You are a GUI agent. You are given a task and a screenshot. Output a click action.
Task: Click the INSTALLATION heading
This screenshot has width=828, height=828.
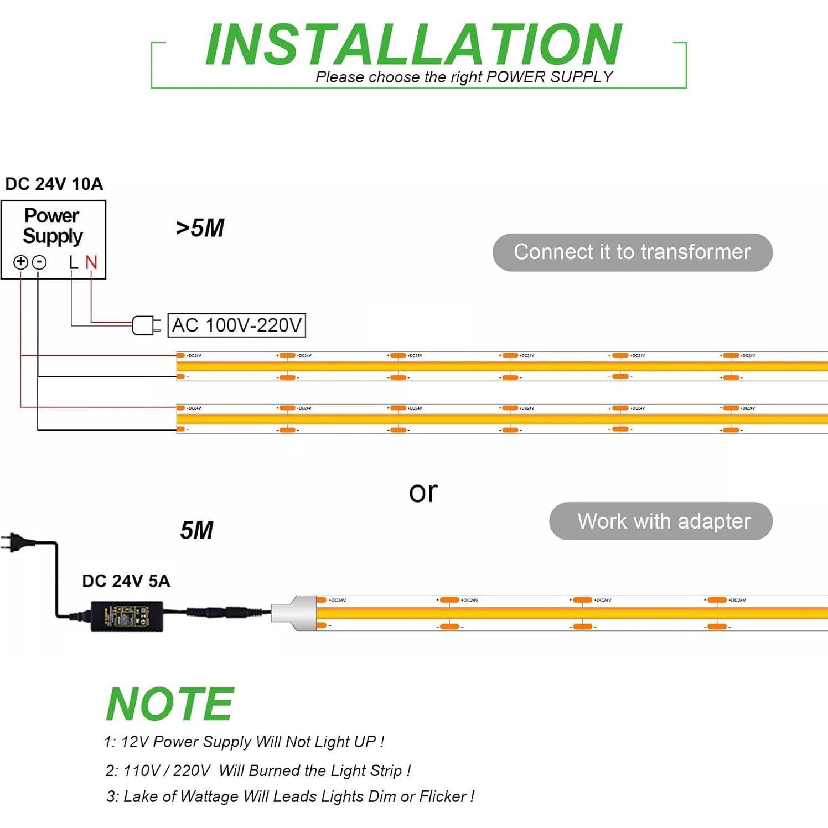point(413,45)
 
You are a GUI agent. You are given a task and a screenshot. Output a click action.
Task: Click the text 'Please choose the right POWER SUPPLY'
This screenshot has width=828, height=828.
point(464,77)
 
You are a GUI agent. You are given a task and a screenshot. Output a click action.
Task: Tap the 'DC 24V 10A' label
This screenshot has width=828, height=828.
point(54,184)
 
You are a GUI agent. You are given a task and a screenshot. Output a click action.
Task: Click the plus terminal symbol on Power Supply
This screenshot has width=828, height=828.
point(20,262)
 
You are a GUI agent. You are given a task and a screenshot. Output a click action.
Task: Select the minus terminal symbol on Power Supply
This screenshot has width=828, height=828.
point(39,262)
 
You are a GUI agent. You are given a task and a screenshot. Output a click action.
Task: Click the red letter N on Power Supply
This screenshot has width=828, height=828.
point(91,262)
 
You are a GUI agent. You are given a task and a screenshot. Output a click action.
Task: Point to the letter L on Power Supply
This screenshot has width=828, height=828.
point(74,262)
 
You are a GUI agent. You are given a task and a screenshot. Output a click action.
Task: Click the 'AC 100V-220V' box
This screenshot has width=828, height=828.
point(237,325)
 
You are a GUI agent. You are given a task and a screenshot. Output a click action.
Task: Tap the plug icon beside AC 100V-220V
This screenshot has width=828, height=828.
point(146,325)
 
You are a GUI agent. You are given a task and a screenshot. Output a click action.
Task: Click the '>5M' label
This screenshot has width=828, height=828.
point(200,228)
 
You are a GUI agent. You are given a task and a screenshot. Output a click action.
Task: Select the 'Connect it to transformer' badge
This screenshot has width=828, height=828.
point(632,252)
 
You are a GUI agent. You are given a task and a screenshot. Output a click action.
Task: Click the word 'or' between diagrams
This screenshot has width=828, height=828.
point(423,491)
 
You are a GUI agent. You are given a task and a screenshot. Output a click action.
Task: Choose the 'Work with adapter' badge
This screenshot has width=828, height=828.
point(661,521)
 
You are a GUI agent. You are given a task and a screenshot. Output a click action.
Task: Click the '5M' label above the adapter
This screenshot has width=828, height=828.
point(196,530)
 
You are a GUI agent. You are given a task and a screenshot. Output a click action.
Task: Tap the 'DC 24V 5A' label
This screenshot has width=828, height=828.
point(126,581)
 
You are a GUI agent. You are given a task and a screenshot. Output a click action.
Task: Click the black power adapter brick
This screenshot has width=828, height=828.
point(127,615)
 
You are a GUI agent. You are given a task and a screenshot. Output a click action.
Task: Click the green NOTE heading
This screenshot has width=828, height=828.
point(170,704)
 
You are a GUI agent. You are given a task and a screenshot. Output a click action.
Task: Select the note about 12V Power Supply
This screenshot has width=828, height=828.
point(244,742)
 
